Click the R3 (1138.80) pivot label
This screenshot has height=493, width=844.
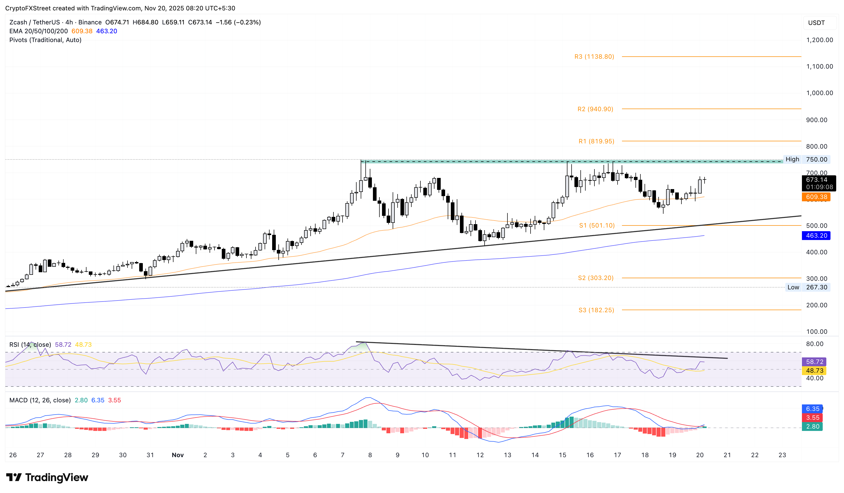click(x=594, y=57)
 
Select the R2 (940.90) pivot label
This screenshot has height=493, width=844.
click(x=595, y=109)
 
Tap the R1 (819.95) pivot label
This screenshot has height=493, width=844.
click(x=596, y=141)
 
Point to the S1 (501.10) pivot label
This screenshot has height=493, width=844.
click(x=597, y=225)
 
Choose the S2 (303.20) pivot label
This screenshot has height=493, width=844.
click(x=595, y=278)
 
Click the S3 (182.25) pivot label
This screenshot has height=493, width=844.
click(x=596, y=310)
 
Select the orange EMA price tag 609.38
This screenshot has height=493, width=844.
click(x=816, y=197)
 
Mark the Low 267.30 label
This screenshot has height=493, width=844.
click(x=807, y=287)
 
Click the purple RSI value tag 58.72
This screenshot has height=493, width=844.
click(x=814, y=362)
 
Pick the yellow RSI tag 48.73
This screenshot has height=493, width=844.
click(x=814, y=370)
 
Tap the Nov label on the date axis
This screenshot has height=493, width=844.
click(x=178, y=455)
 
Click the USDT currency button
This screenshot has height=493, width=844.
click(x=816, y=23)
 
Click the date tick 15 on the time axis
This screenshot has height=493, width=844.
click(x=562, y=455)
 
